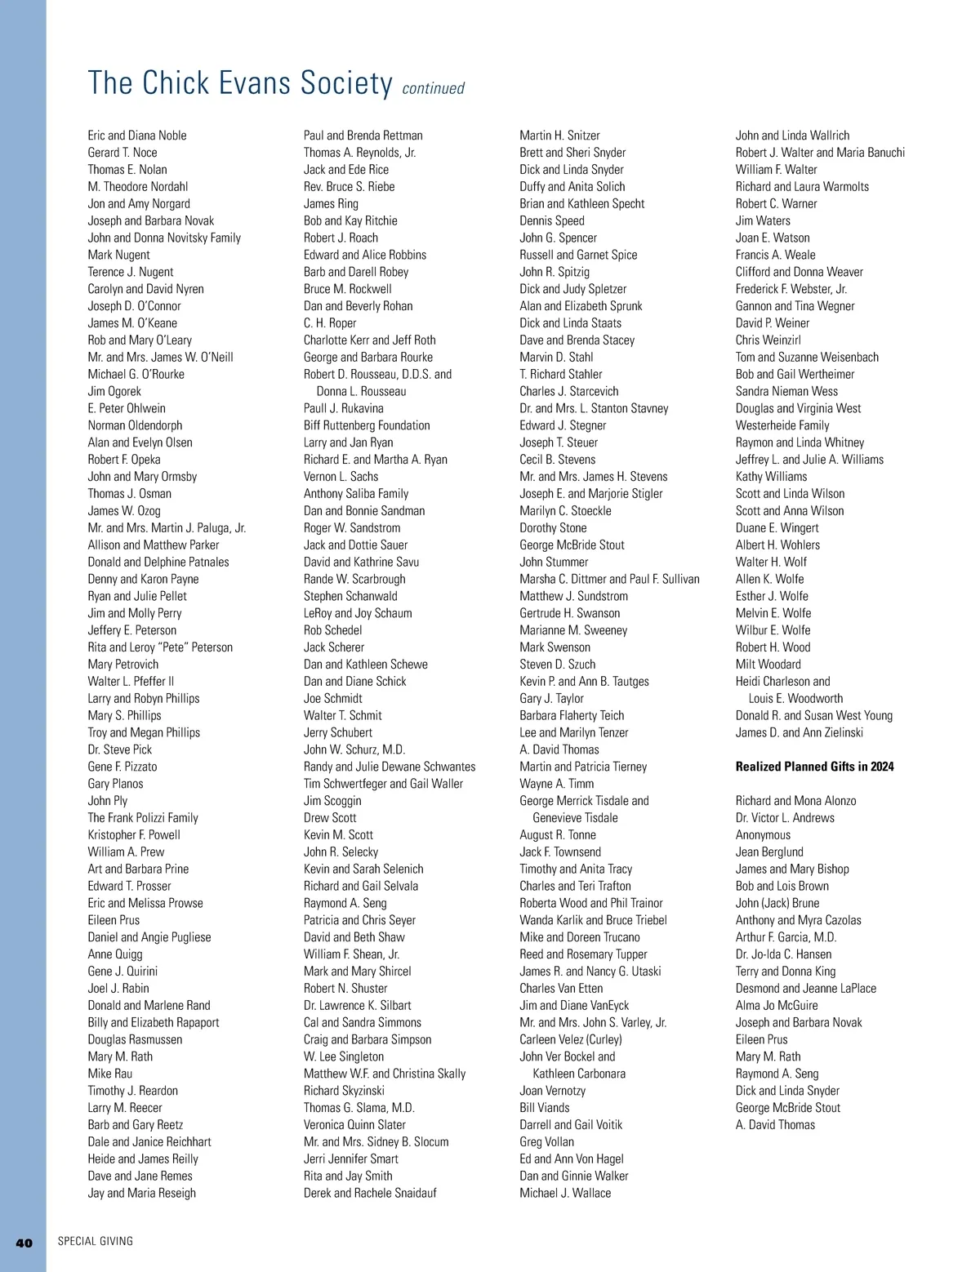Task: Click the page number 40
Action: coord(24,1243)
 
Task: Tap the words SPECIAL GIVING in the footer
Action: coord(95,1242)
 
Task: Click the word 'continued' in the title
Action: coord(433,88)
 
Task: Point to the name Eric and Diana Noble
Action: coord(137,136)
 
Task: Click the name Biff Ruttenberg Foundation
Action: coord(367,425)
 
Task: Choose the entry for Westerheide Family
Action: coord(782,425)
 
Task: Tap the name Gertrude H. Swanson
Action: coord(570,613)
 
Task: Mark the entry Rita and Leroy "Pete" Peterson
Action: coord(160,647)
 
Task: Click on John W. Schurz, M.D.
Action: coord(354,749)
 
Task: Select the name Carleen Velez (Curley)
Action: coord(571,1039)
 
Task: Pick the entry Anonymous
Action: coord(763,835)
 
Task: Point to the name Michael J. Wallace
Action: coord(565,1193)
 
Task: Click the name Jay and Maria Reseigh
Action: coord(142,1193)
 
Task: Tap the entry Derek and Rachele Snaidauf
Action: coord(370,1193)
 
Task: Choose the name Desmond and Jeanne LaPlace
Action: coord(806,989)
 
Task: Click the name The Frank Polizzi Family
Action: coord(143,818)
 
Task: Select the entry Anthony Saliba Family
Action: coord(356,494)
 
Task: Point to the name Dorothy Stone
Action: coord(553,528)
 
